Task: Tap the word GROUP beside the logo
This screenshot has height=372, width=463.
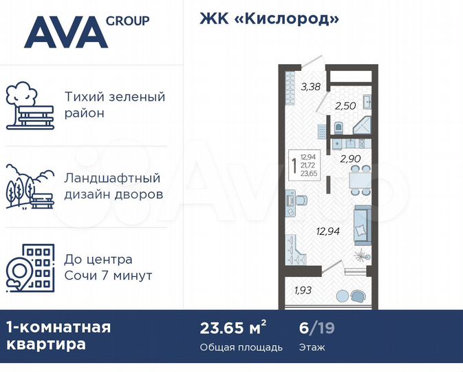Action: tap(127, 21)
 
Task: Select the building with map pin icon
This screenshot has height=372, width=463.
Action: tap(29, 267)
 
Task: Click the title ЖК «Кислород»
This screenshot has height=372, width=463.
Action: tap(270, 19)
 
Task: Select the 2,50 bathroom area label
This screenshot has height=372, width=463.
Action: tap(345, 107)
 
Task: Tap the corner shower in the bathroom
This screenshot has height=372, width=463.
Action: tap(363, 127)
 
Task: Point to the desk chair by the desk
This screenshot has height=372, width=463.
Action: tap(303, 200)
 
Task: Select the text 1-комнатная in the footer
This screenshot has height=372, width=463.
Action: tap(58, 327)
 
